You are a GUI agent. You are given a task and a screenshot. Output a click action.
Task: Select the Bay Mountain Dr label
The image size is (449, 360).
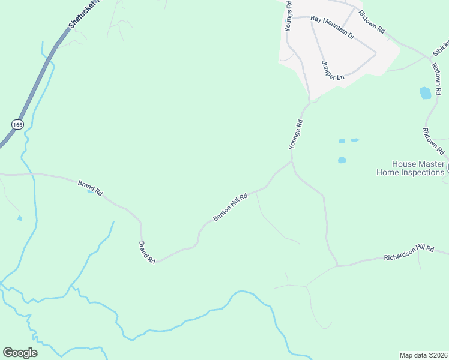(333, 28)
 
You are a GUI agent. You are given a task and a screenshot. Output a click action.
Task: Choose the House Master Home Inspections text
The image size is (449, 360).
(411, 168)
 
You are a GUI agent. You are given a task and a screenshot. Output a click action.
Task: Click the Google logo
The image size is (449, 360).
(20, 353)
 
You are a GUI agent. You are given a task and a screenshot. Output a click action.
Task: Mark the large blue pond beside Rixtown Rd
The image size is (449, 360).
(426, 93)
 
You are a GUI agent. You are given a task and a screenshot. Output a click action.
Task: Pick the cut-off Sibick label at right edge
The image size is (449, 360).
(441, 48)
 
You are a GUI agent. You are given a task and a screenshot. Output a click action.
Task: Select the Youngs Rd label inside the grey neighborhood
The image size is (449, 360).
(289, 16)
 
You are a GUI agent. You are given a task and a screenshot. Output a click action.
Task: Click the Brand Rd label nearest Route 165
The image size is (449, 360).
(90, 188)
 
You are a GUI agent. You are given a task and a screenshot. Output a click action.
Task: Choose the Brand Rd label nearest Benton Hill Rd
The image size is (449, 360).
(148, 252)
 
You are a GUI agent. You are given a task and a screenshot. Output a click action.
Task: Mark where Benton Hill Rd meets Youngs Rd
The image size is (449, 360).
(292, 161)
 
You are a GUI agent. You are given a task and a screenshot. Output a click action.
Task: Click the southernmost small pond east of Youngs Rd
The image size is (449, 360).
(342, 160)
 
